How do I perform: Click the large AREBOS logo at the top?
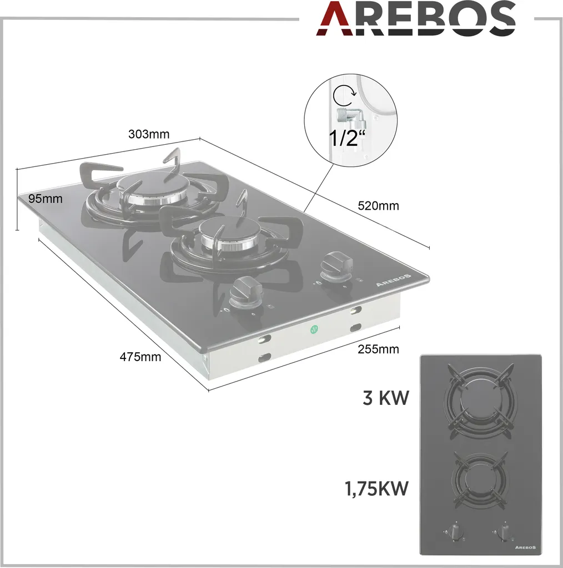coord(416,18)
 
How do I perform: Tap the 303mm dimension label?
coord(149,134)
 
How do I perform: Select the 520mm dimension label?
coord(378,206)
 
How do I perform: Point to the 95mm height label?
coord(46,199)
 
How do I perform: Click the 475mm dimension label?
coord(140,357)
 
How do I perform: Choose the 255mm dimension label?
coord(378,349)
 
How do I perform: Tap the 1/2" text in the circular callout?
coord(347,138)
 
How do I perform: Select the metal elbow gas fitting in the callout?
coord(350,116)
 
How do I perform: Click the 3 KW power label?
coord(386,398)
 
